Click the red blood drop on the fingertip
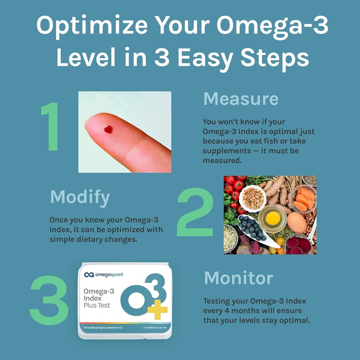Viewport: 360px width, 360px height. pyautogui.click(x=108, y=129)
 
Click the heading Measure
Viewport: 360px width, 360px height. pyautogui.click(x=241, y=99)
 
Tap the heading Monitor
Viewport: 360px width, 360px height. pyautogui.click(x=238, y=278)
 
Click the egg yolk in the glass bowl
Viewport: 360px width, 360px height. pyautogui.click(x=272, y=218)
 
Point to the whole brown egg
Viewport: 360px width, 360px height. pyautogui.click(x=296, y=222)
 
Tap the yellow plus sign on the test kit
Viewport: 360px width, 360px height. pyautogui.click(x=157, y=310)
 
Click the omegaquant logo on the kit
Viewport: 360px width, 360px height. pyautogui.click(x=104, y=275)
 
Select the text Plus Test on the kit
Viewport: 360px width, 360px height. pyautogui.click(x=97, y=305)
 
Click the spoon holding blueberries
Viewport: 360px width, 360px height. pyautogui.click(x=255, y=230)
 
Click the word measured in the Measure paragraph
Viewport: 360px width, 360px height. pyautogui.click(x=222, y=160)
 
